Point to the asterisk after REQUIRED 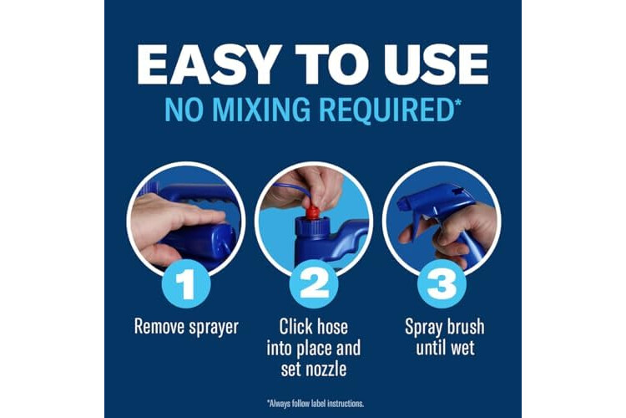[457, 102]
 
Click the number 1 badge [186, 284]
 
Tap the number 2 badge [314, 284]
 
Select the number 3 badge [442, 284]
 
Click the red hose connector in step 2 [313, 212]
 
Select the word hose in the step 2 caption [331, 326]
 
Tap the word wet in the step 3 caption [462, 348]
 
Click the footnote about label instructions [315, 403]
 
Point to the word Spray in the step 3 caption [422, 328]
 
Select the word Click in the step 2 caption [295, 326]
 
